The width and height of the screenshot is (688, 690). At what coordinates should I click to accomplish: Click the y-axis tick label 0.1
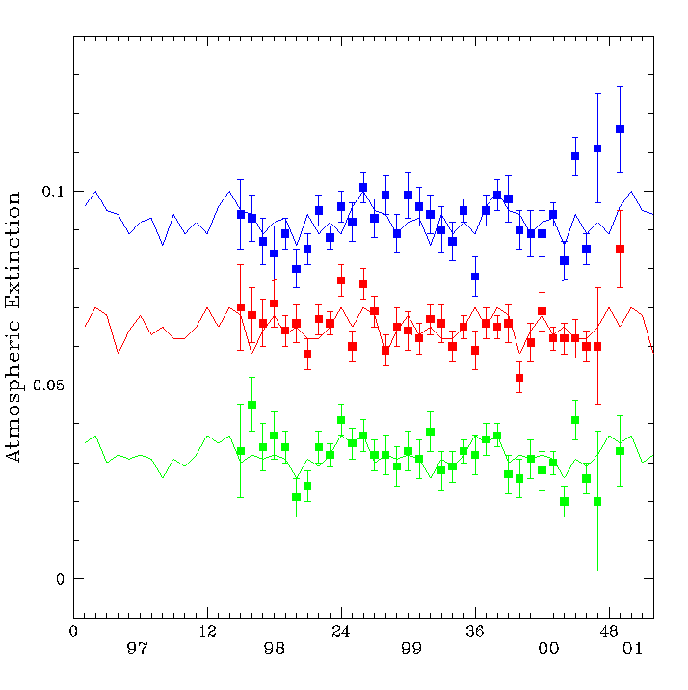click(x=53, y=192)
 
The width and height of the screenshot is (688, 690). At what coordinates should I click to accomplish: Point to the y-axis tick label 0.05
click(x=48, y=385)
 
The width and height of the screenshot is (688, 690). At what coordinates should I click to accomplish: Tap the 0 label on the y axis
click(x=61, y=579)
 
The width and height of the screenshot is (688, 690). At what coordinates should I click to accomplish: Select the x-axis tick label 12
click(x=207, y=632)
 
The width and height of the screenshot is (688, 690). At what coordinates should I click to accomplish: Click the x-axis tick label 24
click(x=341, y=632)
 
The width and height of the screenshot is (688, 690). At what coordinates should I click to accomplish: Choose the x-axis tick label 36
click(x=475, y=632)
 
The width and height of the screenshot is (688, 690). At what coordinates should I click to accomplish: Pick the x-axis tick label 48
click(x=609, y=632)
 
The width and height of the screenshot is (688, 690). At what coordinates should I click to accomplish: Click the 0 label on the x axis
click(x=73, y=632)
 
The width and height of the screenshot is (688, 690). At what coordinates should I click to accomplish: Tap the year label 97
click(x=137, y=649)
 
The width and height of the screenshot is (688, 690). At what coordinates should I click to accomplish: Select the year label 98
click(x=275, y=649)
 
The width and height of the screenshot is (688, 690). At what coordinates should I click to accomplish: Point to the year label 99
click(x=411, y=649)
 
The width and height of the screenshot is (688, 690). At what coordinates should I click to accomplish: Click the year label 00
click(x=548, y=649)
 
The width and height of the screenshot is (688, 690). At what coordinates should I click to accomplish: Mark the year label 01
click(x=632, y=649)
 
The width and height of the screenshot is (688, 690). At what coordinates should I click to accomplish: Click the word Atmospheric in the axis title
click(x=13, y=390)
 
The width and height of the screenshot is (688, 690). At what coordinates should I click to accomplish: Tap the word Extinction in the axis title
click(x=13, y=250)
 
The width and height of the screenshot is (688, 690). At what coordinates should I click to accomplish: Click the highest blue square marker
click(x=620, y=129)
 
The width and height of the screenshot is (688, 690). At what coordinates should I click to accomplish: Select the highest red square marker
click(x=620, y=249)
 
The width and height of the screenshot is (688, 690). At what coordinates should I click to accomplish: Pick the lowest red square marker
click(x=519, y=378)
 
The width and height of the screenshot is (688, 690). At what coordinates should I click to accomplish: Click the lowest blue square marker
click(x=475, y=277)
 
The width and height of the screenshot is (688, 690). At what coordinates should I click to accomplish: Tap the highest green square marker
click(x=252, y=405)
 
